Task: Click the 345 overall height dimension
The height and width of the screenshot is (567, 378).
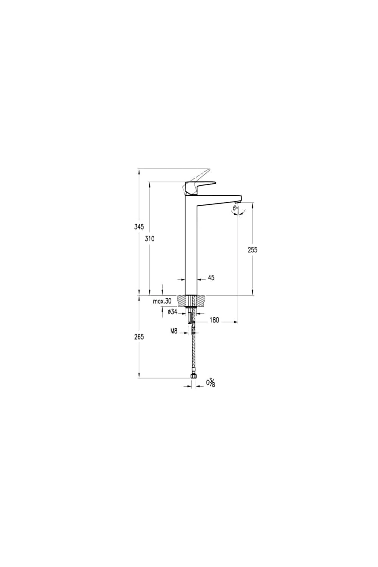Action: click(x=139, y=226)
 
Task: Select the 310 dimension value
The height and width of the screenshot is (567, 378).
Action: click(x=150, y=239)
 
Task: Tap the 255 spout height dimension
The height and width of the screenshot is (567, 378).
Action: click(x=252, y=250)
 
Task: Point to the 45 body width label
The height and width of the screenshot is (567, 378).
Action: click(x=211, y=278)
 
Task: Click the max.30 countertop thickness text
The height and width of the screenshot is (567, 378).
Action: click(x=162, y=301)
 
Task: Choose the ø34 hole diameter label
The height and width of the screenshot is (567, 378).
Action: click(x=173, y=312)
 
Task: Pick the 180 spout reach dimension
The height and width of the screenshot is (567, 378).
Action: click(x=214, y=320)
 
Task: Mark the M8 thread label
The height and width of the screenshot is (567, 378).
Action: click(x=174, y=331)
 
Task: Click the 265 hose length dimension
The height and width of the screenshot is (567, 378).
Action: click(x=139, y=337)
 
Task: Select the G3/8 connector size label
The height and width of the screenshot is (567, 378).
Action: click(x=210, y=383)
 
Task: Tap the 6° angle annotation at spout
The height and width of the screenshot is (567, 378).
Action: click(x=235, y=208)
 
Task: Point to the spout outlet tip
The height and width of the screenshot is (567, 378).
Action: click(x=238, y=201)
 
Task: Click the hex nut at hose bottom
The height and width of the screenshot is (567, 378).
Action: click(x=193, y=376)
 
